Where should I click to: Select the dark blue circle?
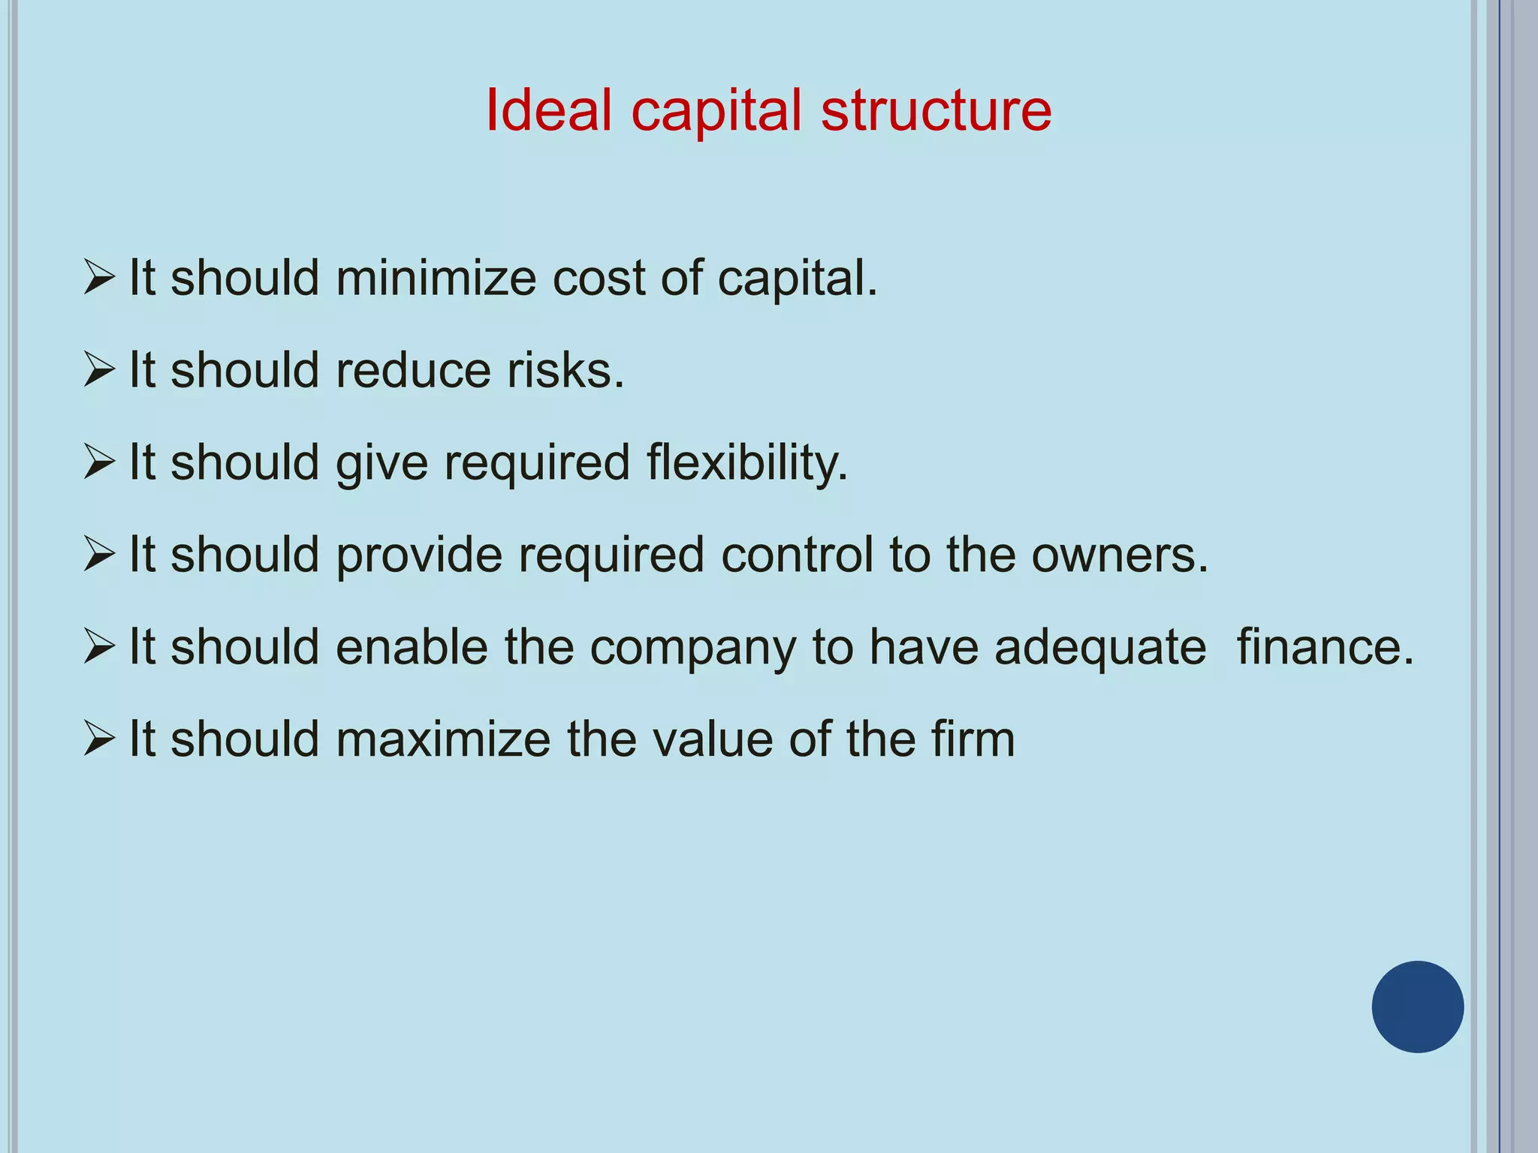(x=1417, y=1007)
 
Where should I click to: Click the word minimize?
(x=436, y=278)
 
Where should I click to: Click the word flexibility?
(x=746, y=463)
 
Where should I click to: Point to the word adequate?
(x=1100, y=647)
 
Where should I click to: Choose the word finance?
(x=1325, y=647)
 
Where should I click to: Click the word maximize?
(x=443, y=739)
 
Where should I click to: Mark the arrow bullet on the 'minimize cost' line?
(x=98, y=278)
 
